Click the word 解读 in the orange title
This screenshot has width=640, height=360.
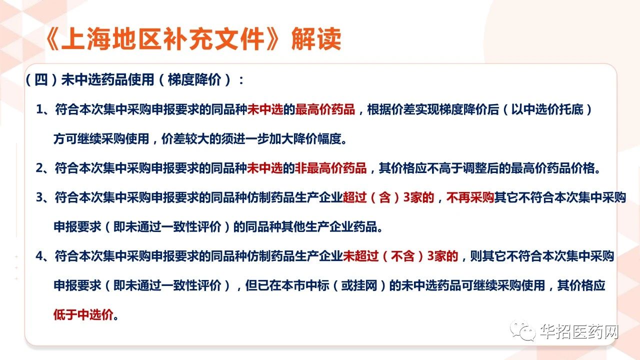point(316,39)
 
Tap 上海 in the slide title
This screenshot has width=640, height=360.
point(85,39)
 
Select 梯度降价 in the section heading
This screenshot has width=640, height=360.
point(194,79)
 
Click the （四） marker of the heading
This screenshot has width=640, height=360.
point(41,79)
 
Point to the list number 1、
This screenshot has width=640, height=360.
point(43,109)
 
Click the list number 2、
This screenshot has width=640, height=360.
point(43,168)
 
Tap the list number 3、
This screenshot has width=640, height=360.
point(43,197)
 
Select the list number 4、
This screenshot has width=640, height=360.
point(43,256)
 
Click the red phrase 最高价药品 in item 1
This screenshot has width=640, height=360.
point(325,109)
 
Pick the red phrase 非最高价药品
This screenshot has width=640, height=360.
point(330,168)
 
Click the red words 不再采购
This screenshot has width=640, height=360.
point(470,197)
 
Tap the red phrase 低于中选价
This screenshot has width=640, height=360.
point(83,314)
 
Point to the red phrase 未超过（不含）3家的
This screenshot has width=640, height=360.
point(400,256)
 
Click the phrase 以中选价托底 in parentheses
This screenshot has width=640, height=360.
point(547,109)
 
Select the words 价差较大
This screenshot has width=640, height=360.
point(185,139)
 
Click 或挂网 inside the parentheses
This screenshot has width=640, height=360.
point(359,285)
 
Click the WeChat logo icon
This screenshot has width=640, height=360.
point(523,331)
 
